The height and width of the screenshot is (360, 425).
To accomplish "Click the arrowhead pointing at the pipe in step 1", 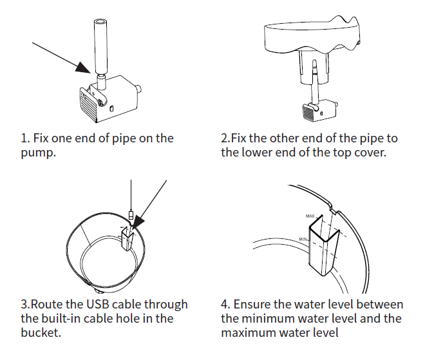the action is [x=82, y=68].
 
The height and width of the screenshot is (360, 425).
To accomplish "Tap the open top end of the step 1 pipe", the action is [x=100, y=22].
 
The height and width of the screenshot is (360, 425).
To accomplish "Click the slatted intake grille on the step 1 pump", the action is [x=88, y=106].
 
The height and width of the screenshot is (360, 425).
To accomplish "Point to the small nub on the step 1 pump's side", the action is [x=139, y=89].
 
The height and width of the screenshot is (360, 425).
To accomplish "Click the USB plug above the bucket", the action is [x=131, y=214].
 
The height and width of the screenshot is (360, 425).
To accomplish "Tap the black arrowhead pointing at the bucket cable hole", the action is [x=137, y=222].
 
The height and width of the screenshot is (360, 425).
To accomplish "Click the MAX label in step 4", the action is [x=310, y=216].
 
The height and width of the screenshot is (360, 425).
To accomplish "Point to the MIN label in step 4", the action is [x=303, y=240].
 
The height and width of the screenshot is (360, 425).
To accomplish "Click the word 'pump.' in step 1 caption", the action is [x=38, y=153].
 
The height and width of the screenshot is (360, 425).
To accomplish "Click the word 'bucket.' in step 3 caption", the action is [x=41, y=332].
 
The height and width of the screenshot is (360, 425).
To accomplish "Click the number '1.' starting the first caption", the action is [x=26, y=138].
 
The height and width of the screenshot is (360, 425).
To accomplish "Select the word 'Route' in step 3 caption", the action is [x=46, y=304].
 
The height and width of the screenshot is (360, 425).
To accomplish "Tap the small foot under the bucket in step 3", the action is [x=99, y=292].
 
